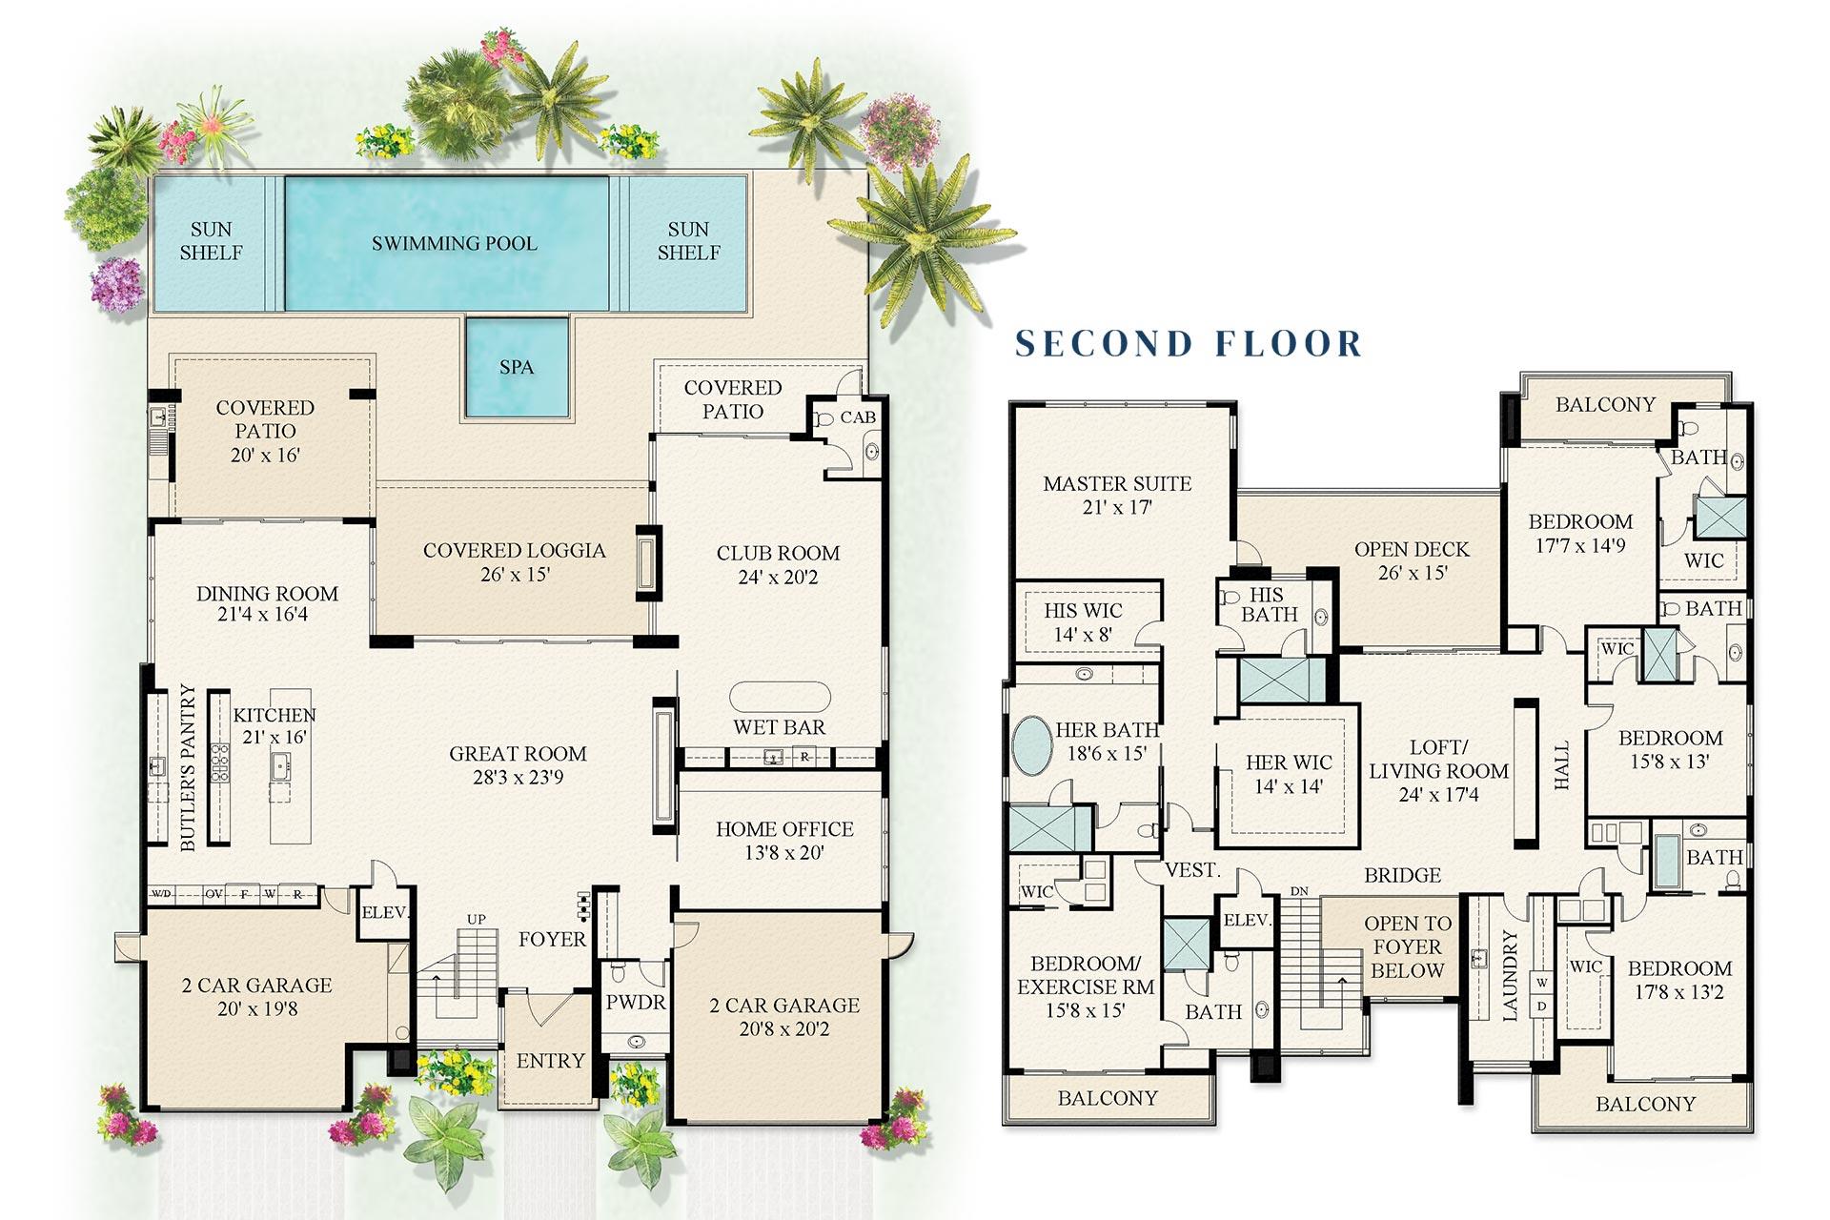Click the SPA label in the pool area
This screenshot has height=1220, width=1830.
pyautogui.click(x=516, y=367)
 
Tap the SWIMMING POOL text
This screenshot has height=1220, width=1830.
pyautogui.click(x=454, y=243)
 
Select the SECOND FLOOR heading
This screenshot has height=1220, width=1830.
pyautogui.click(x=1189, y=343)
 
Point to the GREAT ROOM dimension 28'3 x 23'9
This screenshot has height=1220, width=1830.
pyautogui.click(x=518, y=778)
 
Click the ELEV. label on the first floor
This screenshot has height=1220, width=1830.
pyautogui.click(x=385, y=912)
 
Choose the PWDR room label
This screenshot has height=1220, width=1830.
pyautogui.click(x=636, y=1003)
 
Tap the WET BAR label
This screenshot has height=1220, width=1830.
pyautogui.click(x=779, y=727)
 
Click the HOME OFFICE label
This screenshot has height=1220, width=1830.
pyautogui.click(x=784, y=829)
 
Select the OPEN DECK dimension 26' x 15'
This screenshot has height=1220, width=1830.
pyautogui.click(x=1412, y=573)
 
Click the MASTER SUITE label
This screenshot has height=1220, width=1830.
pyautogui.click(x=1117, y=483)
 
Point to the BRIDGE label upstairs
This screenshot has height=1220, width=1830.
pyautogui.click(x=1402, y=875)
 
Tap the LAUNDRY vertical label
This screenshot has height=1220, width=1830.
pyautogui.click(x=1510, y=976)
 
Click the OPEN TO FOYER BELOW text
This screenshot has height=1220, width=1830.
pyautogui.click(x=1407, y=946)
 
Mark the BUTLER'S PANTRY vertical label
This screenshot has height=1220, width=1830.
pyautogui.click(x=188, y=767)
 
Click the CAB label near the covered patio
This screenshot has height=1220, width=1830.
pyautogui.click(x=857, y=417)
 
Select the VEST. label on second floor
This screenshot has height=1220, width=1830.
pyautogui.click(x=1192, y=870)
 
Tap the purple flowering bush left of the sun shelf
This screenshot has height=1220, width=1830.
pyautogui.click(x=116, y=284)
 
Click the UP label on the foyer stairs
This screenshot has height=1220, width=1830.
pyautogui.click(x=476, y=919)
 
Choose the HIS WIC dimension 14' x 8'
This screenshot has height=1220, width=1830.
pyautogui.click(x=1083, y=635)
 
